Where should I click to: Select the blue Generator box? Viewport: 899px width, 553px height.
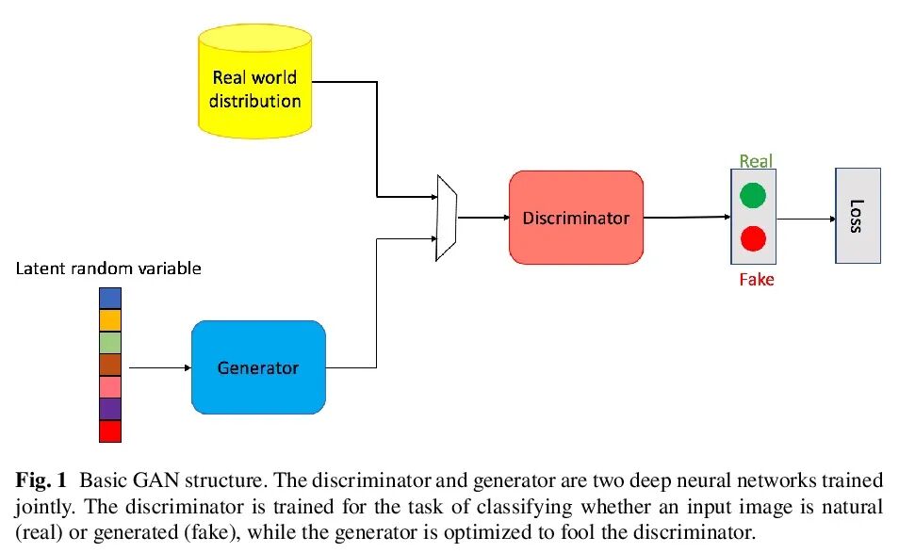pyautogui.click(x=257, y=367)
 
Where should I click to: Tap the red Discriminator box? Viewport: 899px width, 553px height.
pyautogui.click(x=576, y=218)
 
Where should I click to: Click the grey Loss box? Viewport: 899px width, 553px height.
pyautogui.click(x=857, y=216)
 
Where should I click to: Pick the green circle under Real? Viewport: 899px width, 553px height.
pyautogui.click(x=753, y=196)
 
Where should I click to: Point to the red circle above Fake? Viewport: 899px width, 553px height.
pyautogui.click(x=753, y=238)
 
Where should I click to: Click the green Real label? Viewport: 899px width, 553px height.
pyautogui.click(x=756, y=161)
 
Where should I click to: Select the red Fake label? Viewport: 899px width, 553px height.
pyautogui.click(x=756, y=280)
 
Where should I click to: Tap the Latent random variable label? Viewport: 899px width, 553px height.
pyautogui.click(x=108, y=268)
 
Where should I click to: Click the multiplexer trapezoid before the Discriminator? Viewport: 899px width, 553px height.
pyautogui.click(x=447, y=218)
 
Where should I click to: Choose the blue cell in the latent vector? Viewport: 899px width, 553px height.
pyautogui.click(x=110, y=298)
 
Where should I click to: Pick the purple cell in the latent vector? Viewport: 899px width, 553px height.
pyautogui.click(x=110, y=409)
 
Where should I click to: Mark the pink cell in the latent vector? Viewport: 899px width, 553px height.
pyautogui.click(x=110, y=387)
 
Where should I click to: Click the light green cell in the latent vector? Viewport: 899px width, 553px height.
pyautogui.click(x=110, y=342)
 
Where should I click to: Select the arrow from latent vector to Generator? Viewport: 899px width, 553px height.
pyautogui.click(x=158, y=367)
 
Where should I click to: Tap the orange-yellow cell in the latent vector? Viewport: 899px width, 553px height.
pyautogui.click(x=110, y=320)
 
